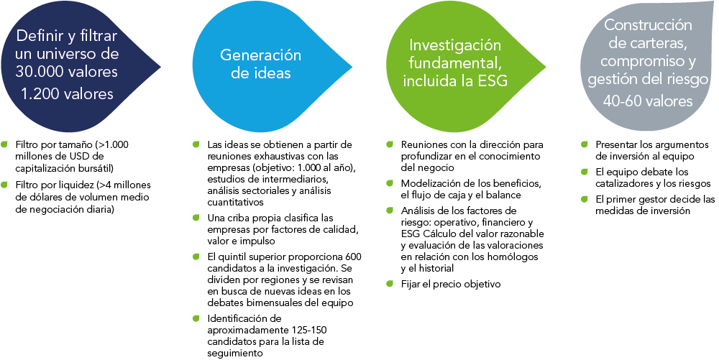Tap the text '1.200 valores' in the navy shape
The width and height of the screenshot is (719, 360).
67,94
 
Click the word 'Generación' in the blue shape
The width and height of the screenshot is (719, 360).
260,55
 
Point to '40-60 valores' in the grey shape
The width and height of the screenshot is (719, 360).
648,101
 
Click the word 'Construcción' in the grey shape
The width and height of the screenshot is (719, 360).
648,24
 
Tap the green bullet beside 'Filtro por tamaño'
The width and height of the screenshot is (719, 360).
4,144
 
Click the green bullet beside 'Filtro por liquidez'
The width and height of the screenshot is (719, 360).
4,185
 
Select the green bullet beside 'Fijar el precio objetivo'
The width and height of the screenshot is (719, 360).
390,284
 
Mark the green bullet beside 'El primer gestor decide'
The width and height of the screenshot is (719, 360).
584,199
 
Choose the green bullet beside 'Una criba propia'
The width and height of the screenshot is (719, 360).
196,217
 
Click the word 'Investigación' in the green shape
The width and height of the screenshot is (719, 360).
455,45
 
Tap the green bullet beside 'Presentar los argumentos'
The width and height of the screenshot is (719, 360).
584,144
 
